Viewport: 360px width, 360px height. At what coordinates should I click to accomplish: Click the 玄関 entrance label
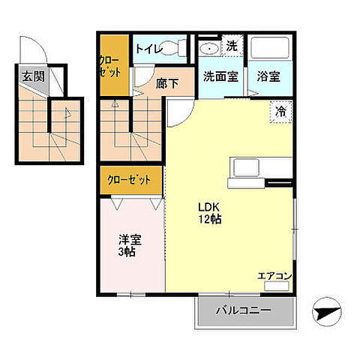coord(33,76)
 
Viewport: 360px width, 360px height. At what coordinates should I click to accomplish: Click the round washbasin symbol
coord(208,47)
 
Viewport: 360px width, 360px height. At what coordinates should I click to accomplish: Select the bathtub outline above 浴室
coord(269,49)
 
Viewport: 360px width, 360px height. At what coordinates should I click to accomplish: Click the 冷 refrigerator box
coord(280,112)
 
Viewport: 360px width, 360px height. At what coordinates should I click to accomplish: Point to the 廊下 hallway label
coord(167,83)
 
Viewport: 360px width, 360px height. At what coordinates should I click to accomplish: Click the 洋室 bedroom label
coord(130,241)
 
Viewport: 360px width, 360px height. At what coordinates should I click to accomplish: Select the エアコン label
coord(274,277)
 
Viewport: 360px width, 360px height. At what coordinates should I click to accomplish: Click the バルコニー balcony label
coord(244,310)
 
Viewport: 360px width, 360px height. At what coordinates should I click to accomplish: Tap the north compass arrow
coord(328,307)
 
